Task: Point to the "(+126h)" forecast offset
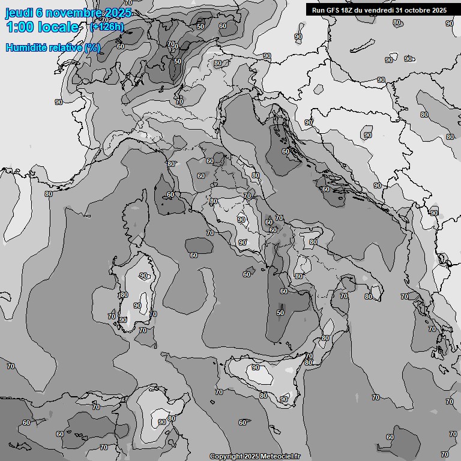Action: (x=106, y=27)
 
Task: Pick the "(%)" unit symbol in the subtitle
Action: (x=92, y=47)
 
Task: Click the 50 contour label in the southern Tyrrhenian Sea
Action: (x=280, y=313)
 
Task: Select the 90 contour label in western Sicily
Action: (x=255, y=367)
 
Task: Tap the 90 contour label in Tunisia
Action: (x=161, y=422)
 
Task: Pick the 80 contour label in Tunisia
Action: (x=171, y=418)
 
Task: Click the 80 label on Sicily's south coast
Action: (x=263, y=396)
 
